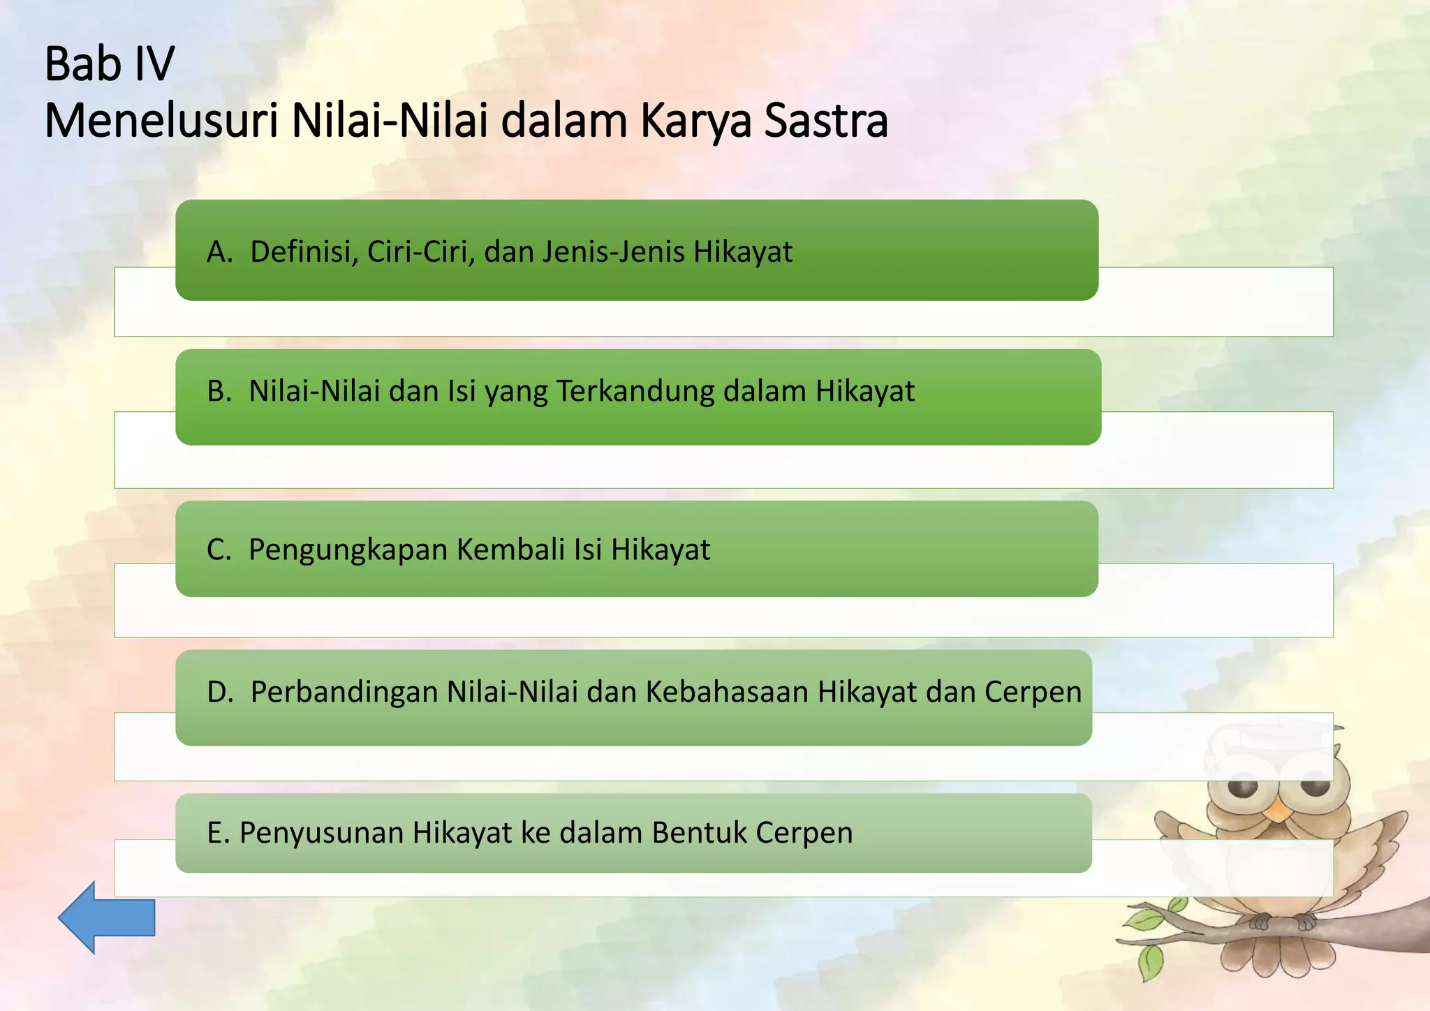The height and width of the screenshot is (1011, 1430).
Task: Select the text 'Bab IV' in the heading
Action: point(110,64)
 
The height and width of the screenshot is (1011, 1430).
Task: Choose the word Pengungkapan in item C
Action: point(348,550)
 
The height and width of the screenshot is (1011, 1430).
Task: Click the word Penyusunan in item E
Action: point(321,833)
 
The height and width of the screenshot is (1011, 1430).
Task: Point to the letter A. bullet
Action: point(219,252)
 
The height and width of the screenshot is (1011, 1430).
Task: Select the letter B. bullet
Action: point(219,391)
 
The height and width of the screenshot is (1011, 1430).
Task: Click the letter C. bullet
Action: point(219,550)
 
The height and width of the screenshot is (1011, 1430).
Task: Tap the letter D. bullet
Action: point(220,692)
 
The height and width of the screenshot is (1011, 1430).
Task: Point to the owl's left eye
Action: point(1243,788)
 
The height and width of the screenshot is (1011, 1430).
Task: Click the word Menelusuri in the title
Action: point(161,121)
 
